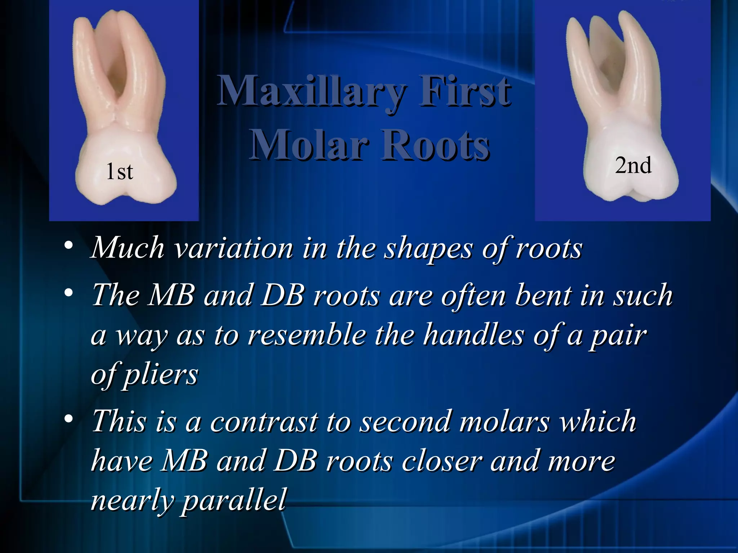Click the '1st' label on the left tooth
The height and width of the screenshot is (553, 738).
point(120,171)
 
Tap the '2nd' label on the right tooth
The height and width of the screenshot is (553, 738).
point(633,166)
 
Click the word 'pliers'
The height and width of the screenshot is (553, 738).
point(161,374)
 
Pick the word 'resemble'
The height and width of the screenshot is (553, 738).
point(307,335)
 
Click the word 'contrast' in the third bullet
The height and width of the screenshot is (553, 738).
point(264,421)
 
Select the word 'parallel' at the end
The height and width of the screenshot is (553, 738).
point(234,500)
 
